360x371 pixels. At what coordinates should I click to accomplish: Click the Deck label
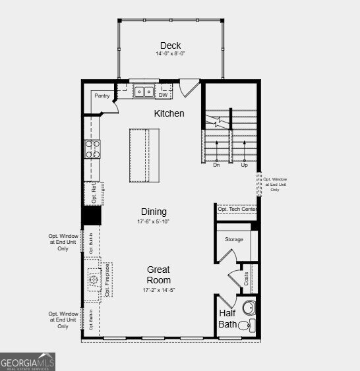pyautogui.click(x=170, y=45)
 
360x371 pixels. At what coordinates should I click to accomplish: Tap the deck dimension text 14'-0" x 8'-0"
pyautogui.click(x=170, y=53)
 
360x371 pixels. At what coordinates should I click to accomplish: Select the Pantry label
pyautogui.click(x=102, y=96)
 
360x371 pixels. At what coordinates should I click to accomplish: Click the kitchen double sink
pyautogui.click(x=143, y=92)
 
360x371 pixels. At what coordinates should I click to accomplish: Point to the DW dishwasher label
pyautogui.click(x=163, y=95)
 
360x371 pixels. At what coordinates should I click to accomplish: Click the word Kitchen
pyautogui.click(x=169, y=113)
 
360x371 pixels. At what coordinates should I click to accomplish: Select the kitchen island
pyautogui.click(x=144, y=156)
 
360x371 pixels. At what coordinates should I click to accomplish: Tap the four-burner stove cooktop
pyautogui.click(x=92, y=150)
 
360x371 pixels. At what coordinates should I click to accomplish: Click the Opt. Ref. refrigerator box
pyautogui.click(x=92, y=192)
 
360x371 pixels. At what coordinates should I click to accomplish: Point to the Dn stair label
pyautogui.click(x=216, y=165)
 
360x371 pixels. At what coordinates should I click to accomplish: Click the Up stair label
pyautogui.click(x=244, y=165)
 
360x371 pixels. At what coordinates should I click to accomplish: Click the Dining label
pyautogui.click(x=154, y=212)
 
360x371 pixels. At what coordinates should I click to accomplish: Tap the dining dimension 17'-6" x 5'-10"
pyautogui.click(x=154, y=221)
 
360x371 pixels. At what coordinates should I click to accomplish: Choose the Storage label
pyautogui.click(x=234, y=239)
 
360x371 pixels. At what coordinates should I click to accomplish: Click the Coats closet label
pyautogui.click(x=246, y=278)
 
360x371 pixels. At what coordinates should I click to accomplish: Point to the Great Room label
pyautogui.click(x=158, y=275)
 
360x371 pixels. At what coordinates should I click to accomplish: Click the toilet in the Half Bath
pyautogui.click(x=244, y=324)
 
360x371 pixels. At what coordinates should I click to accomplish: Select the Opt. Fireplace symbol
pyautogui.click(x=92, y=279)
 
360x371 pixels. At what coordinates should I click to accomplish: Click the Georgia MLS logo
pyautogui.click(x=28, y=362)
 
